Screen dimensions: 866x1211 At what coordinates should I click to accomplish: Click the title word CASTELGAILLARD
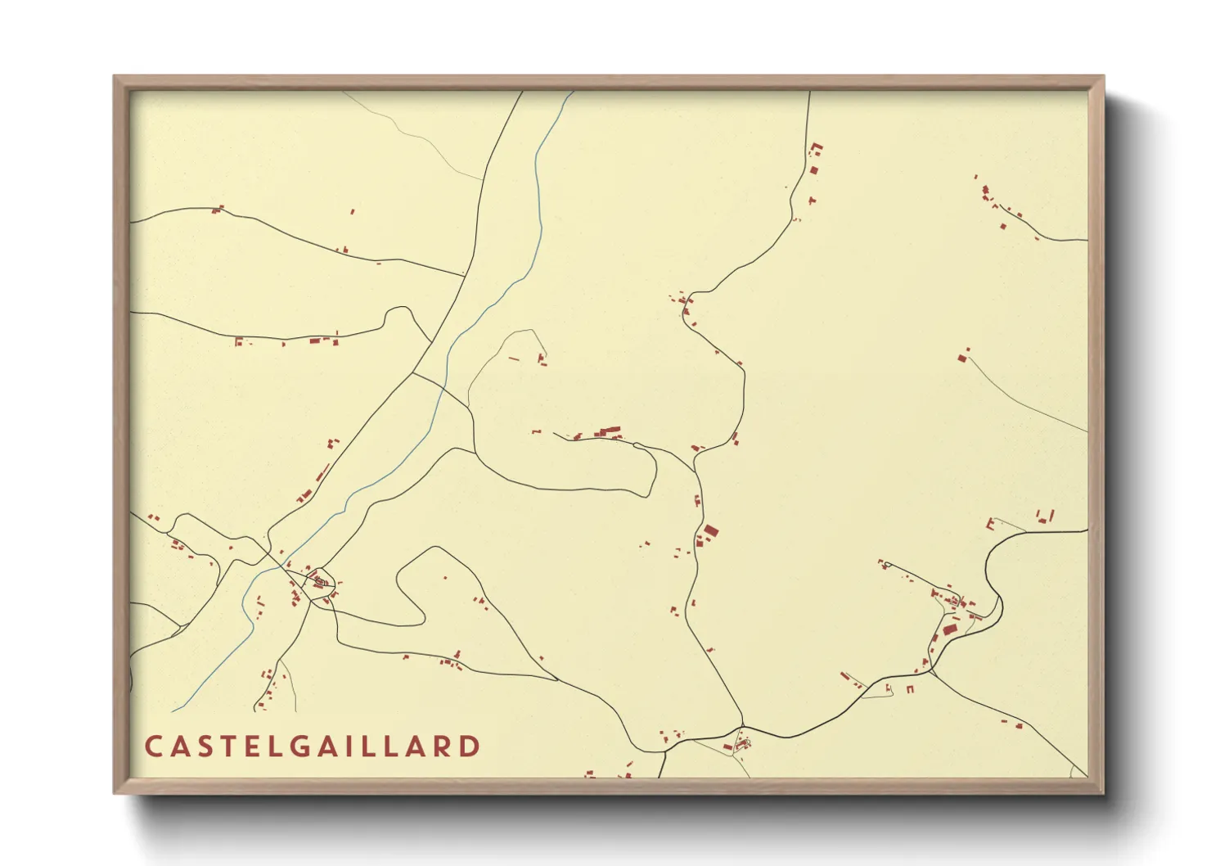click(x=312, y=746)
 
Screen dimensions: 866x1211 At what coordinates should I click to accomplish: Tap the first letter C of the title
click(x=153, y=746)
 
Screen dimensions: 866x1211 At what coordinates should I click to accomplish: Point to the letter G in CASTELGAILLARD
click(x=304, y=746)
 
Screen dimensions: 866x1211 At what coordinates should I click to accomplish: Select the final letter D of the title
click(x=470, y=746)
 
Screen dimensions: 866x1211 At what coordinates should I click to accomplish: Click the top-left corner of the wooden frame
click(x=115, y=78)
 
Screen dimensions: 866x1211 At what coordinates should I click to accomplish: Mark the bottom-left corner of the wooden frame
click(x=115, y=792)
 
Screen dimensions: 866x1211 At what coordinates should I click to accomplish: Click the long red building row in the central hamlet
click(x=608, y=431)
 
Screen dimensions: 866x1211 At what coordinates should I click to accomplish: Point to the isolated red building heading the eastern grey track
click(x=962, y=358)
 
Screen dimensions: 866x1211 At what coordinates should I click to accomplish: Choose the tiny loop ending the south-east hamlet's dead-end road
click(x=881, y=563)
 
